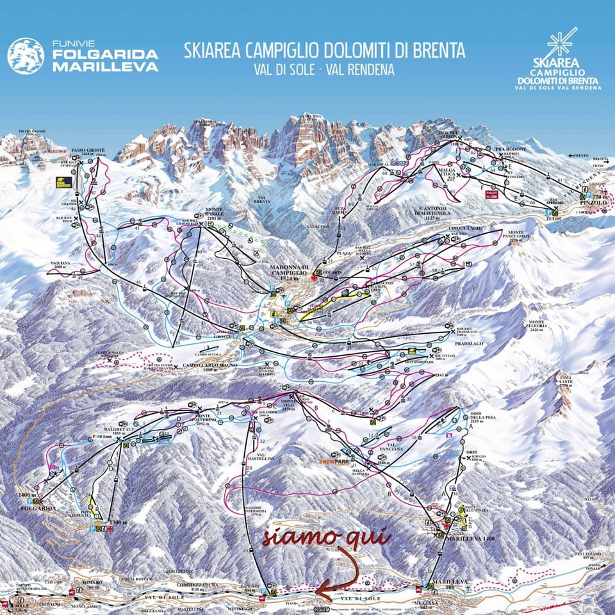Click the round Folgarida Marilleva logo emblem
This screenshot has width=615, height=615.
26,56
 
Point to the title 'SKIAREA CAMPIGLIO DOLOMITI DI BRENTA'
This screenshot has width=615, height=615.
324,51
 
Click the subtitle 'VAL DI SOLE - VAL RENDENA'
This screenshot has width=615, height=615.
325,69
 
